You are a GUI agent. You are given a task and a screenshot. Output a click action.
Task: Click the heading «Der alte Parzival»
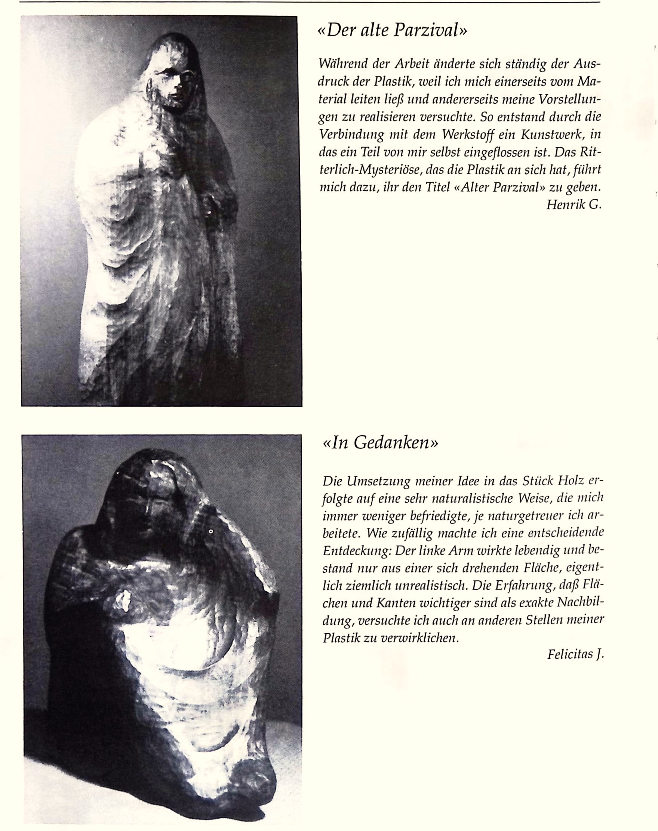(391, 30)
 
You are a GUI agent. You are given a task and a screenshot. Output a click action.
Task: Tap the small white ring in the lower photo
(211, 531)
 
